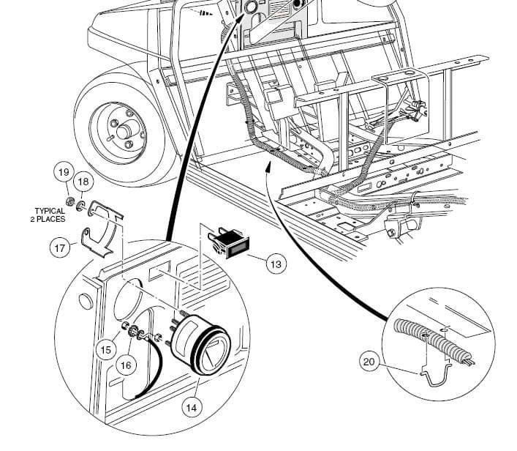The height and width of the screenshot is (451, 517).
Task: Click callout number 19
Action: pyautogui.click(x=64, y=173)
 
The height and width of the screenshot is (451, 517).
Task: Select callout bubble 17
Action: pyautogui.click(x=60, y=247)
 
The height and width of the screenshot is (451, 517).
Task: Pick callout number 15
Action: pyautogui.click(x=107, y=350)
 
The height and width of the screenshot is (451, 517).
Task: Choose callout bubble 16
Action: pyautogui.click(x=126, y=364)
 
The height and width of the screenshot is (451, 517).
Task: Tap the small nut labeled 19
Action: pyautogui.click(x=69, y=200)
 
